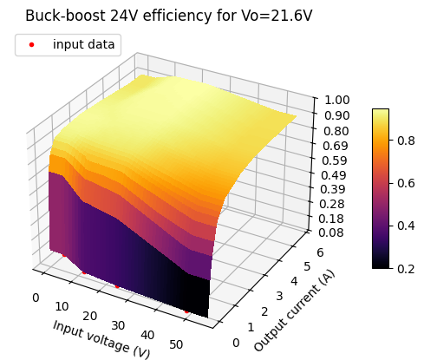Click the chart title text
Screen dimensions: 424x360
pos(169,16)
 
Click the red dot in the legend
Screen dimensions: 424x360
pos(31,44)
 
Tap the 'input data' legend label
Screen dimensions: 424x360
pos(84,44)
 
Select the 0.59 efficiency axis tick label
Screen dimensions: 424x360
pos(335,160)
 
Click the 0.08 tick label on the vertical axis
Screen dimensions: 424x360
pos(331,232)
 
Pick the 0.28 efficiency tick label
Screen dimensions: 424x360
pos(332,204)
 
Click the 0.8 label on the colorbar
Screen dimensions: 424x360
pos(406,141)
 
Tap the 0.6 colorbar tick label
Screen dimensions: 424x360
pos(406,183)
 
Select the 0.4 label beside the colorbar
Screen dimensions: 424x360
pos(406,226)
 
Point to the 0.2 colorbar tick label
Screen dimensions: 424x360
pos(406,269)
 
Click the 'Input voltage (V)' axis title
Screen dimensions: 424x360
pos(101,339)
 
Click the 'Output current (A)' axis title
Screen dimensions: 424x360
pos(294,311)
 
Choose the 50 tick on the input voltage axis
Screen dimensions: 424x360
pos(176,344)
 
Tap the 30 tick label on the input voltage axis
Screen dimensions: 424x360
pos(118,325)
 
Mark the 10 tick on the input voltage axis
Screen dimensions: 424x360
pos(62,306)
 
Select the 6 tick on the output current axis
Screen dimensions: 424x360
pos(320,252)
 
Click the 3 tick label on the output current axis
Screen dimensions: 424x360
pos(279,296)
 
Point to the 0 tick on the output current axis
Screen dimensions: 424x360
pos(236,343)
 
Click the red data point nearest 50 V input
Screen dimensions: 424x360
pos(186,311)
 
